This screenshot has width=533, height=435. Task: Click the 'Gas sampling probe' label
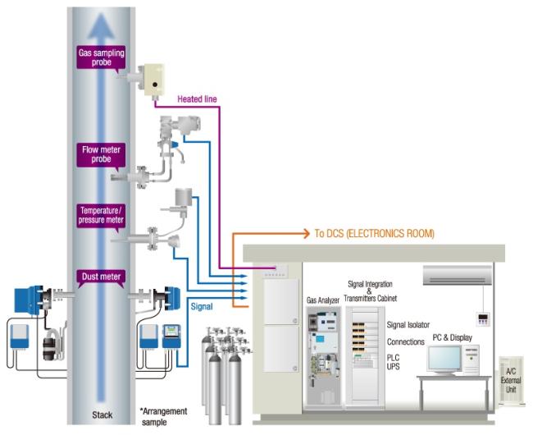101,57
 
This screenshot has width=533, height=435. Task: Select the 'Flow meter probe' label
101,154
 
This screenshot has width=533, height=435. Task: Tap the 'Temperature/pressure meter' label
101,214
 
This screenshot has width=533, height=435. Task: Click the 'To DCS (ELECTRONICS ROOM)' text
374,234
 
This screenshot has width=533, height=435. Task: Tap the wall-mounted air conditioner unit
457,275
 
